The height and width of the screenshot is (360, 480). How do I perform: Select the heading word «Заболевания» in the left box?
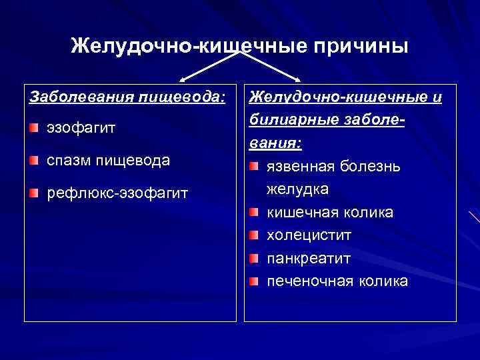coord(72,99)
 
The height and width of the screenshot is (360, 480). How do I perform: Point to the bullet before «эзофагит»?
coord(33,127)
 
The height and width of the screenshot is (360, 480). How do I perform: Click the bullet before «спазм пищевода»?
coord(33,161)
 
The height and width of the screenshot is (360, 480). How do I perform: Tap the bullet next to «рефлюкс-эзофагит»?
coord(33,194)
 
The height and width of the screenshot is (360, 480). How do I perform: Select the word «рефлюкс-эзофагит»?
coord(117,194)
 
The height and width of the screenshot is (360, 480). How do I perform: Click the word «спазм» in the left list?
coord(69,161)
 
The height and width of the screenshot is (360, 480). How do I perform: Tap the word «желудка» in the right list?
coord(297,189)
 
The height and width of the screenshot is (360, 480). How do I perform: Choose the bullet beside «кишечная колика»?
coord(253,213)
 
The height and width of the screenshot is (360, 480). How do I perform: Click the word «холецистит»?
coord(309,235)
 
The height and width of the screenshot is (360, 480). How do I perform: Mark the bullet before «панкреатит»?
coord(253,258)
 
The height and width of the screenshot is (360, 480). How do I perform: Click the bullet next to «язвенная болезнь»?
coord(253,166)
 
